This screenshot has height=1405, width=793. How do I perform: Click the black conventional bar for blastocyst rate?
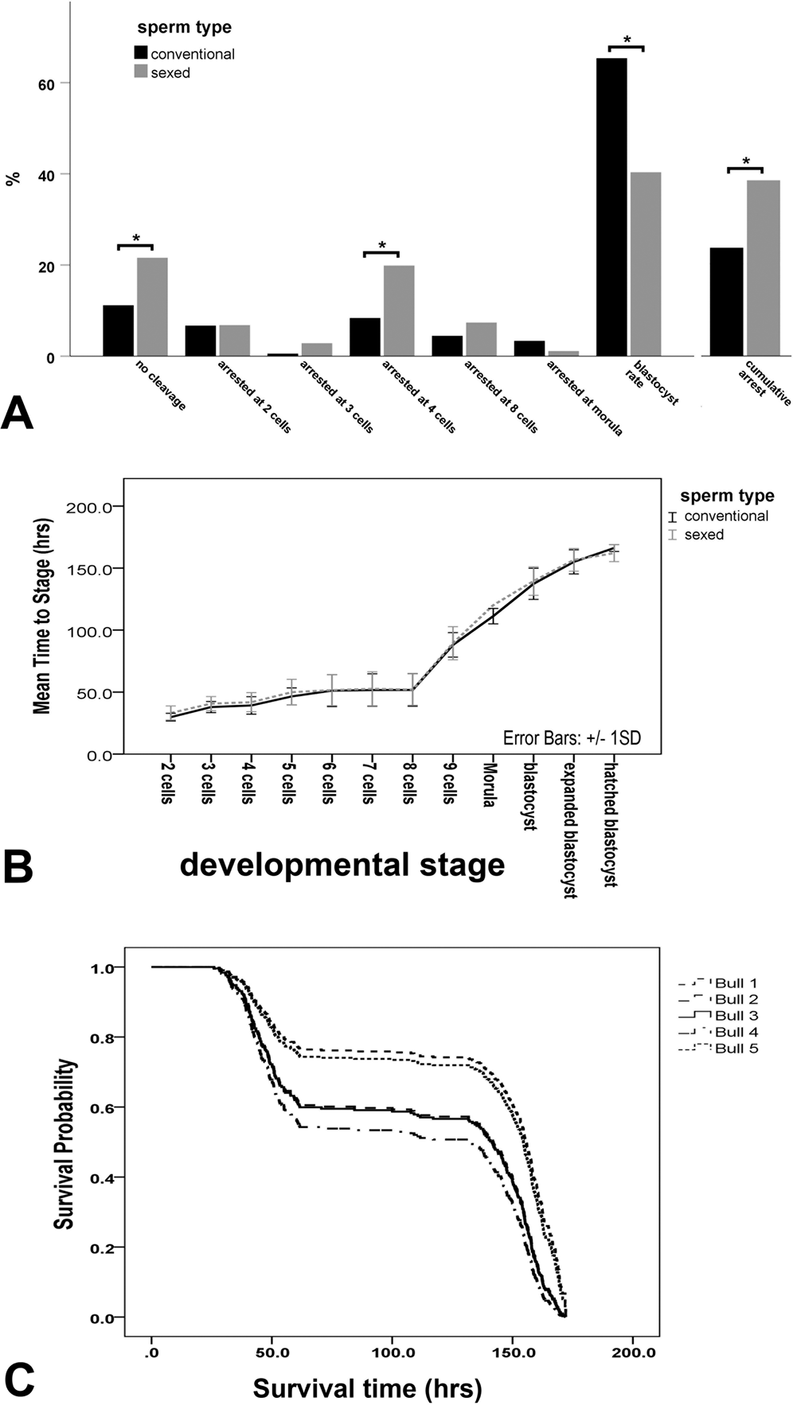(611, 207)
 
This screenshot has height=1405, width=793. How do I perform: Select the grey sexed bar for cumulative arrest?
(763, 268)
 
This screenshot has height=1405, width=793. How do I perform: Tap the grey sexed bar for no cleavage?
(152, 306)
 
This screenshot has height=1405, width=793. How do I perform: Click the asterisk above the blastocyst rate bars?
(627, 40)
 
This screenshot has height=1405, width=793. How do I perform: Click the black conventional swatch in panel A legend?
(140, 54)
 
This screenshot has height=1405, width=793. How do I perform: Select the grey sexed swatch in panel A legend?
(140, 72)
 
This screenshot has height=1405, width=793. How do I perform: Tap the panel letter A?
(18, 414)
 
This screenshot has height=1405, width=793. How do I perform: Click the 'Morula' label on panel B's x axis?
(488, 785)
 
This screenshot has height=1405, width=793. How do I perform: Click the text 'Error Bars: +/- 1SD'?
(572, 738)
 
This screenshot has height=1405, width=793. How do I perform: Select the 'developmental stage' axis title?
(342, 864)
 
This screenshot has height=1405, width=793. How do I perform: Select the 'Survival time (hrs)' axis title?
(368, 1388)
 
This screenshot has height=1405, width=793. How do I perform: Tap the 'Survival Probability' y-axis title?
(64, 1144)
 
